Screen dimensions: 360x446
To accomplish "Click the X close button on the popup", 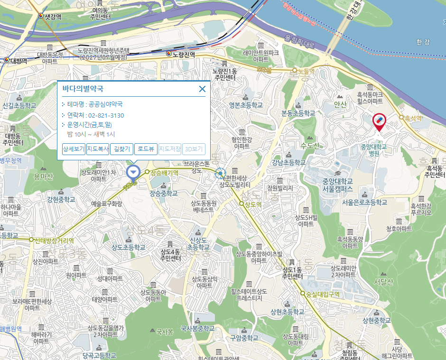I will click(202, 89).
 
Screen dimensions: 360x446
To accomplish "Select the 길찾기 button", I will click(121, 149).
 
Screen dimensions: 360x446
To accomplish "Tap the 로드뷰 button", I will click(146, 149).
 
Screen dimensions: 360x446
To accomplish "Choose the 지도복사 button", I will click(98, 149).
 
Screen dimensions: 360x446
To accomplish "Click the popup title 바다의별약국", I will click(83, 89).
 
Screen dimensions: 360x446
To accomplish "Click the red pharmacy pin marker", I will click(379, 121).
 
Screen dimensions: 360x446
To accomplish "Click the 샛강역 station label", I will click(53, 17).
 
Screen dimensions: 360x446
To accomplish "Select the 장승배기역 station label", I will click(164, 173).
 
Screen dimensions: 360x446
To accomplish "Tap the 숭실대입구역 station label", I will click(323, 294).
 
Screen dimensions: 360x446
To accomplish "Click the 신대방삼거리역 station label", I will click(54, 240).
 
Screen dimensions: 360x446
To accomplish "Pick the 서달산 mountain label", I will click(384, 282).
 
